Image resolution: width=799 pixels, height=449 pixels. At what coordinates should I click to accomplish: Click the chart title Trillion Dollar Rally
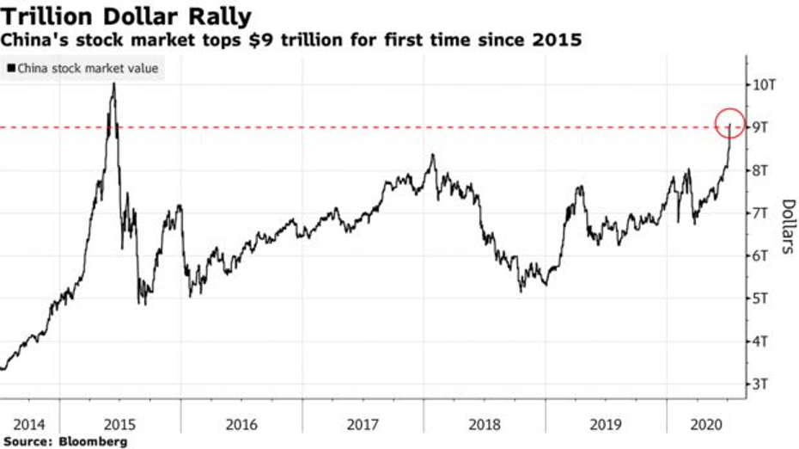click(126, 15)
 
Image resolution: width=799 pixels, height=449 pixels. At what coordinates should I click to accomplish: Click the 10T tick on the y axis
click(766, 84)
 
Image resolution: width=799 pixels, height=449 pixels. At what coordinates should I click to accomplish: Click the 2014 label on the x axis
click(29, 423)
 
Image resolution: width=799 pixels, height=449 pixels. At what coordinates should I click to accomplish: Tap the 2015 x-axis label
click(120, 423)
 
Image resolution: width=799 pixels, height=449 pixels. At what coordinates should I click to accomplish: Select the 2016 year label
click(242, 423)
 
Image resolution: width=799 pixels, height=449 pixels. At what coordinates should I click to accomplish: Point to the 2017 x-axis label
click(363, 423)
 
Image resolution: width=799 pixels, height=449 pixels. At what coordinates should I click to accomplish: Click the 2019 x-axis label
click(607, 423)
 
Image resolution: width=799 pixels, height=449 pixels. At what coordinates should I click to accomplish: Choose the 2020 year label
click(703, 423)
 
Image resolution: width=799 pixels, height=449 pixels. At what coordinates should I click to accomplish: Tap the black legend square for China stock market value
click(10, 67)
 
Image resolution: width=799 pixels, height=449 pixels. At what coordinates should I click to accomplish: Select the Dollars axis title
click(787, 226)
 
